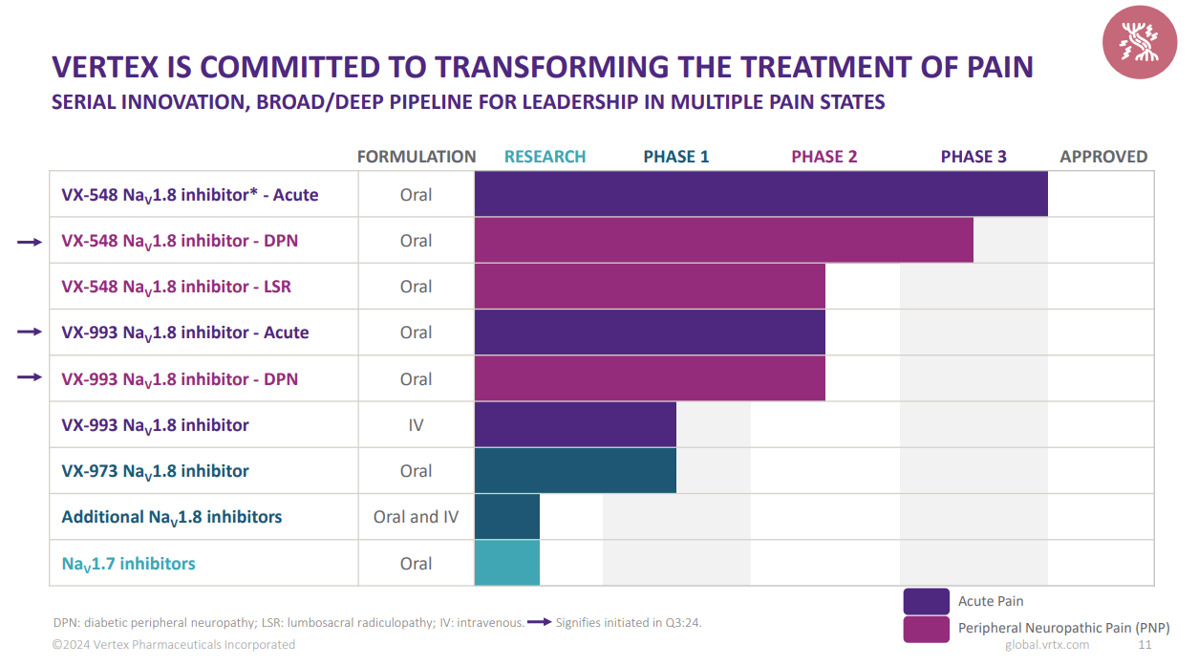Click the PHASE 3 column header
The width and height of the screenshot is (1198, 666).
973,157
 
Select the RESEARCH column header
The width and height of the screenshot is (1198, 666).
545,157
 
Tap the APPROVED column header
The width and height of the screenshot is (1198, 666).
1103,157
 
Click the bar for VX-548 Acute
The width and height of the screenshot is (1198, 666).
760,195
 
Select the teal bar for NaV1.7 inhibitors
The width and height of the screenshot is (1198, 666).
506,563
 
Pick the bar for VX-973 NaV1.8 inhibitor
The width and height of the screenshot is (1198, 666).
575,471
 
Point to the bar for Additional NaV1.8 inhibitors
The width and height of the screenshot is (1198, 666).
506,517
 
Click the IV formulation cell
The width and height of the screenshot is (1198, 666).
416,425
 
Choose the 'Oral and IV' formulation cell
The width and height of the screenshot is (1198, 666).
416,517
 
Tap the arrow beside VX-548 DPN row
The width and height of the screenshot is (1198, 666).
30,243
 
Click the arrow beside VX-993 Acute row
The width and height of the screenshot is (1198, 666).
30,332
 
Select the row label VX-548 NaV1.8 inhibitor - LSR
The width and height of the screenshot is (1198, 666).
176,287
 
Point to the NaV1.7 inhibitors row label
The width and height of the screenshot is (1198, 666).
128,564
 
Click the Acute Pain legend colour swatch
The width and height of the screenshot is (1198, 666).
926,601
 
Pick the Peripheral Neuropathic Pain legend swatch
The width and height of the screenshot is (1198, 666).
926,629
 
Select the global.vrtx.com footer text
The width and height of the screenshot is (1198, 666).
1047,645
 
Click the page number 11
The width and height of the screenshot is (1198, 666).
1145,645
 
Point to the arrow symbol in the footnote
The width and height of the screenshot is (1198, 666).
540,623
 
